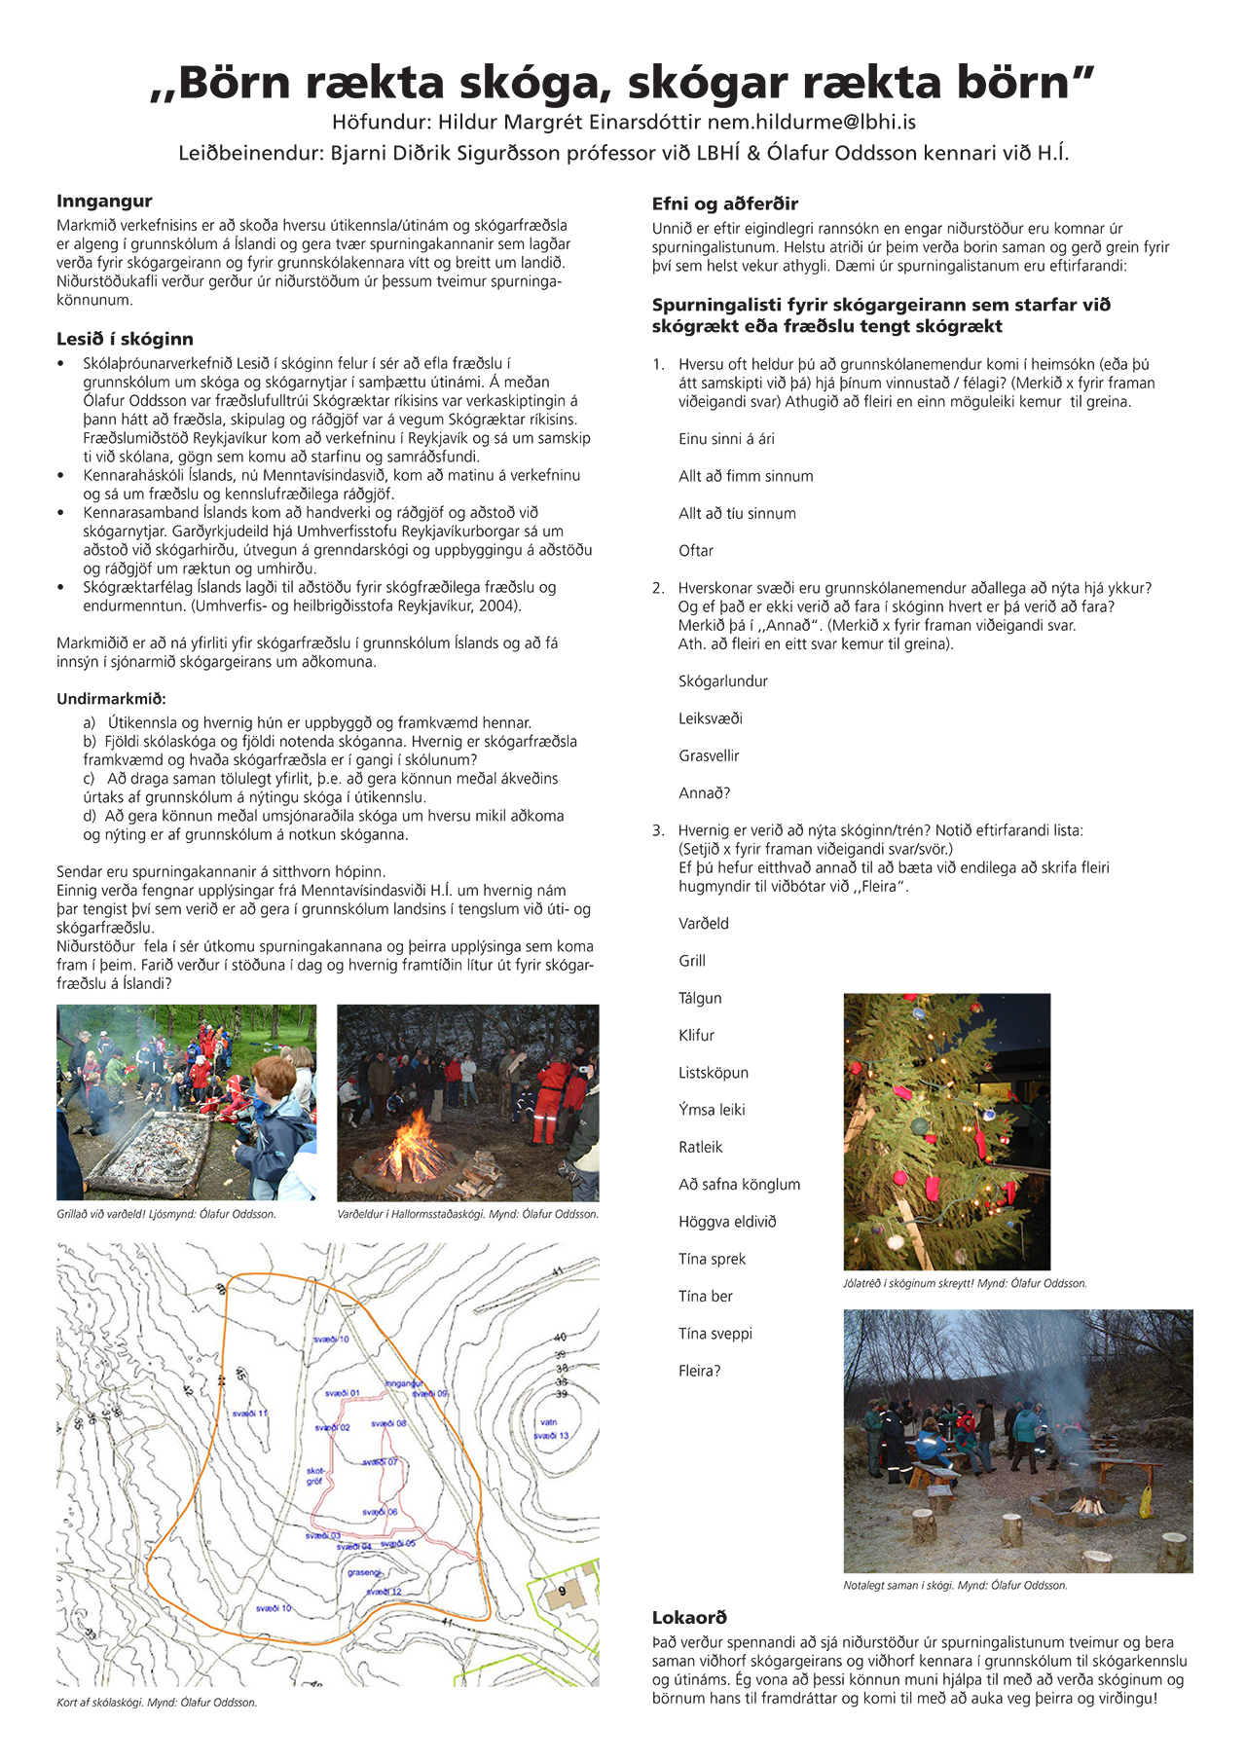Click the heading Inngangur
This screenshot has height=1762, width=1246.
pos(104,202)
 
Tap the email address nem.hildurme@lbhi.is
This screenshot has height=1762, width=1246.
pos(811,123)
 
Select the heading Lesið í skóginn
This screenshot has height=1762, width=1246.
pos(125,339)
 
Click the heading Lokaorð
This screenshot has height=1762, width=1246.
pos(689,1617)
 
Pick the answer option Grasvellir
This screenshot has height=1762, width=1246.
pos(709,755)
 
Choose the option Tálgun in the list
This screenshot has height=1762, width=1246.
pos(700,998)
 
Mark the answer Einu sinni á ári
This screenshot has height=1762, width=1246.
pos(726,439)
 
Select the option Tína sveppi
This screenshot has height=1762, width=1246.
pos(715,1334)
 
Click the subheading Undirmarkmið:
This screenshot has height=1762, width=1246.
pos(111,699)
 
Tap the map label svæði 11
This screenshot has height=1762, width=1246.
pos(250,1413)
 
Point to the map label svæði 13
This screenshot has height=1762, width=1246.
pos(551,1436)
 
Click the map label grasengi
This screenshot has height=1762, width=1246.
pos(365,1572)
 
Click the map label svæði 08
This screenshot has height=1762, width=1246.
pos(388,1423)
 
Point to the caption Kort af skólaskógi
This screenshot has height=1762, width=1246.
pos(156,1703)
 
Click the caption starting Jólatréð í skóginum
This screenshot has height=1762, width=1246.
pos(964,1283)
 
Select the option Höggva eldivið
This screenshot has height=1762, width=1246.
pos(727,1222)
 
